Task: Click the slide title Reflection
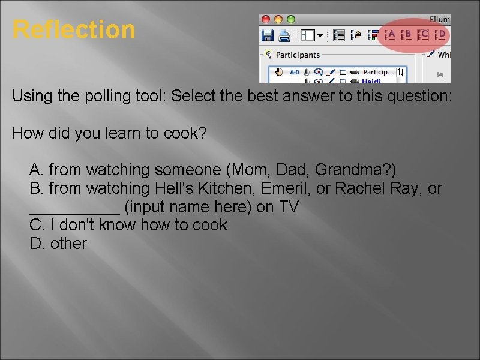74,29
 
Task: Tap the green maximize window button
291,20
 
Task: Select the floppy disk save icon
268,35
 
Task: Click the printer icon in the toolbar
284,35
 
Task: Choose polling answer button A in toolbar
389,35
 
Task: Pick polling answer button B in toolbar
406,35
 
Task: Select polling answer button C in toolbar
423,35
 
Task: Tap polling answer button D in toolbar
440,35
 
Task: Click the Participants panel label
298,55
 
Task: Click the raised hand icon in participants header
277,72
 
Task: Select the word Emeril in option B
286,188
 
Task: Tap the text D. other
58,244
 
